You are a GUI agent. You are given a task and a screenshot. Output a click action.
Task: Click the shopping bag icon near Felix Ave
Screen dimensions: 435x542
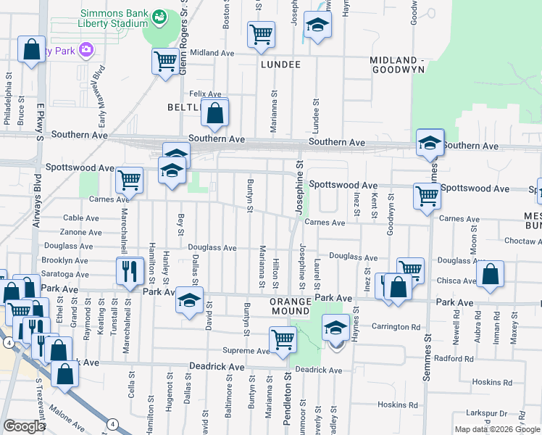215,113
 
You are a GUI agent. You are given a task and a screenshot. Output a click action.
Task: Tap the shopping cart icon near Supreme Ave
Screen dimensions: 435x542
282,339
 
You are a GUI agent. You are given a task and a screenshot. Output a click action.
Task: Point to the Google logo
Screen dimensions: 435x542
24,426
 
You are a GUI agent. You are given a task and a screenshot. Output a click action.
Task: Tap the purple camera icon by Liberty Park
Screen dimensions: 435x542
86,49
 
